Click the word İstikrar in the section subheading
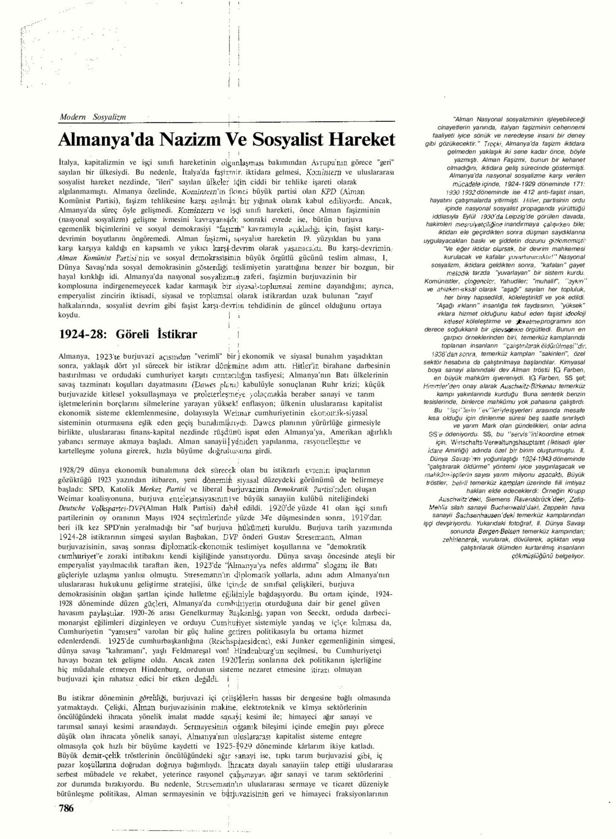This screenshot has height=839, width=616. pyautogui.click(x=177, y=334)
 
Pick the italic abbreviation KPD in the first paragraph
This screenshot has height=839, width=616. pyautogui.click(x=328, y=191)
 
